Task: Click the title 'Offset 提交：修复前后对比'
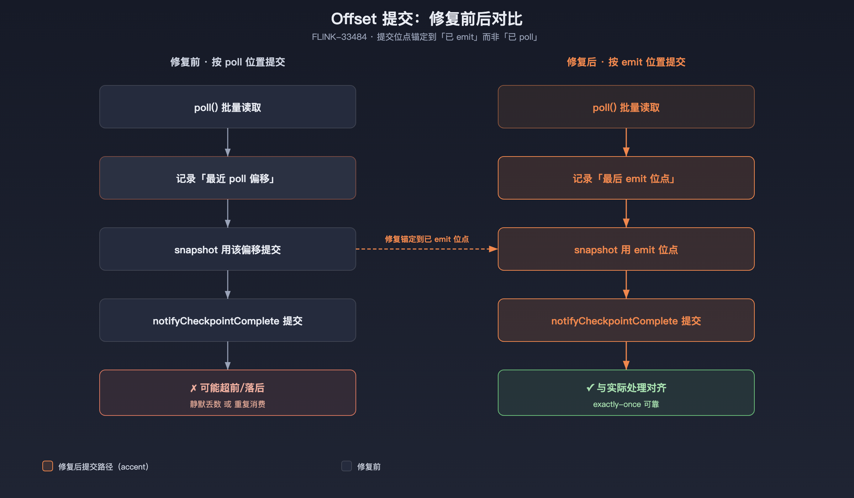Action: pyautogui.click(x=427, y=19)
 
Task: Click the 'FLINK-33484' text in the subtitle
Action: pyautogui.click(x=339, y=37)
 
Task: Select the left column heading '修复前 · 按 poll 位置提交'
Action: pyautogui.click(x=228, y=62)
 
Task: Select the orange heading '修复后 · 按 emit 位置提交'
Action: pyautogui.click(x=626, y=62)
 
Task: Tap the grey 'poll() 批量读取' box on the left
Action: pyautogui.click(x=228, y=107)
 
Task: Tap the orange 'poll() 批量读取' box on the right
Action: pyautogui.click(x=626, y=107)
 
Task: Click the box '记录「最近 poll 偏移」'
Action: pyautogui.click(x=228, y=178)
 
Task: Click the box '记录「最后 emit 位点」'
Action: pyautogui.click(x=626, y=178)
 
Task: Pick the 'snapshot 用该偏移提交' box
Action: pyautogui.click(x=228, y=249)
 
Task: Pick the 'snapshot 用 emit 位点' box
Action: pyautogui.click(x=626, y=249)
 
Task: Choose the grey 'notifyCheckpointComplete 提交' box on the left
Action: pyautogui.click(x=228, y=320)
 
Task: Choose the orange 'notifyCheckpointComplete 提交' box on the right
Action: pyautogui.click(x=626, y=320)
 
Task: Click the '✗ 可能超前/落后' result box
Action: pyautogui.click(x=228, y=393)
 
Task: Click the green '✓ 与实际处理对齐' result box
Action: pyautogui.click(x=626, y=393)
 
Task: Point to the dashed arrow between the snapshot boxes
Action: pyautogui.click(x=427, y=249)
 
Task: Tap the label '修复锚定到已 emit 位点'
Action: pyautogui.click(x=427, y=239)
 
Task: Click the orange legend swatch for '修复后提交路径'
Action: pyautogui.click(x=48, y=466)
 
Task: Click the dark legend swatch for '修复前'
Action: pyautogui.click(x=347, y=466)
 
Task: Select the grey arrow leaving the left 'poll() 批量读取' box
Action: pyautogui.click(x=228, y=142)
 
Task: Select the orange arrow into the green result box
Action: pyautogui.click(x=626, y=356)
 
